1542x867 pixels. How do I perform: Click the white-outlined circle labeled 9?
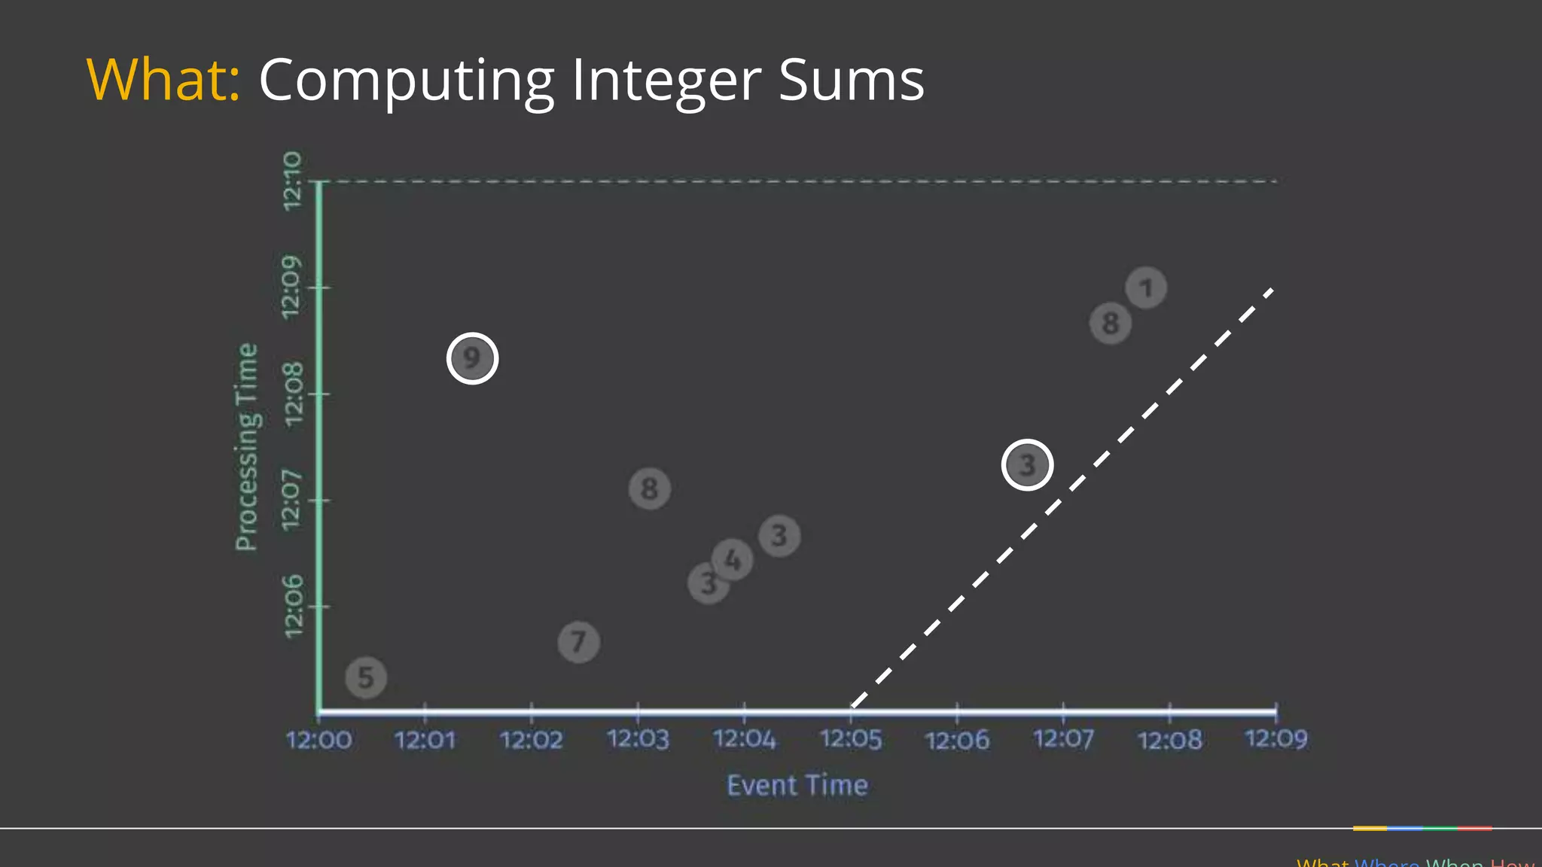coord(472,358)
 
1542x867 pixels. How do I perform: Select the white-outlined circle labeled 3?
coord(1027,465)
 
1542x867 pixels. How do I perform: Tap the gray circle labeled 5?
coord(366,677)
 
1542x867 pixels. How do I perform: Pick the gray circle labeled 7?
coord(578,642)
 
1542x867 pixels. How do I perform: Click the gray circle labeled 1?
coord(1146,288)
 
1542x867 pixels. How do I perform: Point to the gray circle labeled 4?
coord(733,559)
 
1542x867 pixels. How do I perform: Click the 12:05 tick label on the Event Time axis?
coord(851,740)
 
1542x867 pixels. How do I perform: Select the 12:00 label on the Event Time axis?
coord(318,740)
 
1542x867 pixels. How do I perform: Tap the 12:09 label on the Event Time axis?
coord(1276,739)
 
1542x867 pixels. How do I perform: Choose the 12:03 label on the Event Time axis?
coord(638,740)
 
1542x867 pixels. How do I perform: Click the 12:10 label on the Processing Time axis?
coord(292,181)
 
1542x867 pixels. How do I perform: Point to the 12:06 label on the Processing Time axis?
coord(292,606)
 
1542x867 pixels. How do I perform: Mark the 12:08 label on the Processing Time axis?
coord(292,394)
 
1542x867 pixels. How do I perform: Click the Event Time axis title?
coord(797,786)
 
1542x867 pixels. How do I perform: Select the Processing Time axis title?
coord(247,447)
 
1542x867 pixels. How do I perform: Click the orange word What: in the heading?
coord(163,80)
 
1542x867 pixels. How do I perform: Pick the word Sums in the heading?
coord(851,80)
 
